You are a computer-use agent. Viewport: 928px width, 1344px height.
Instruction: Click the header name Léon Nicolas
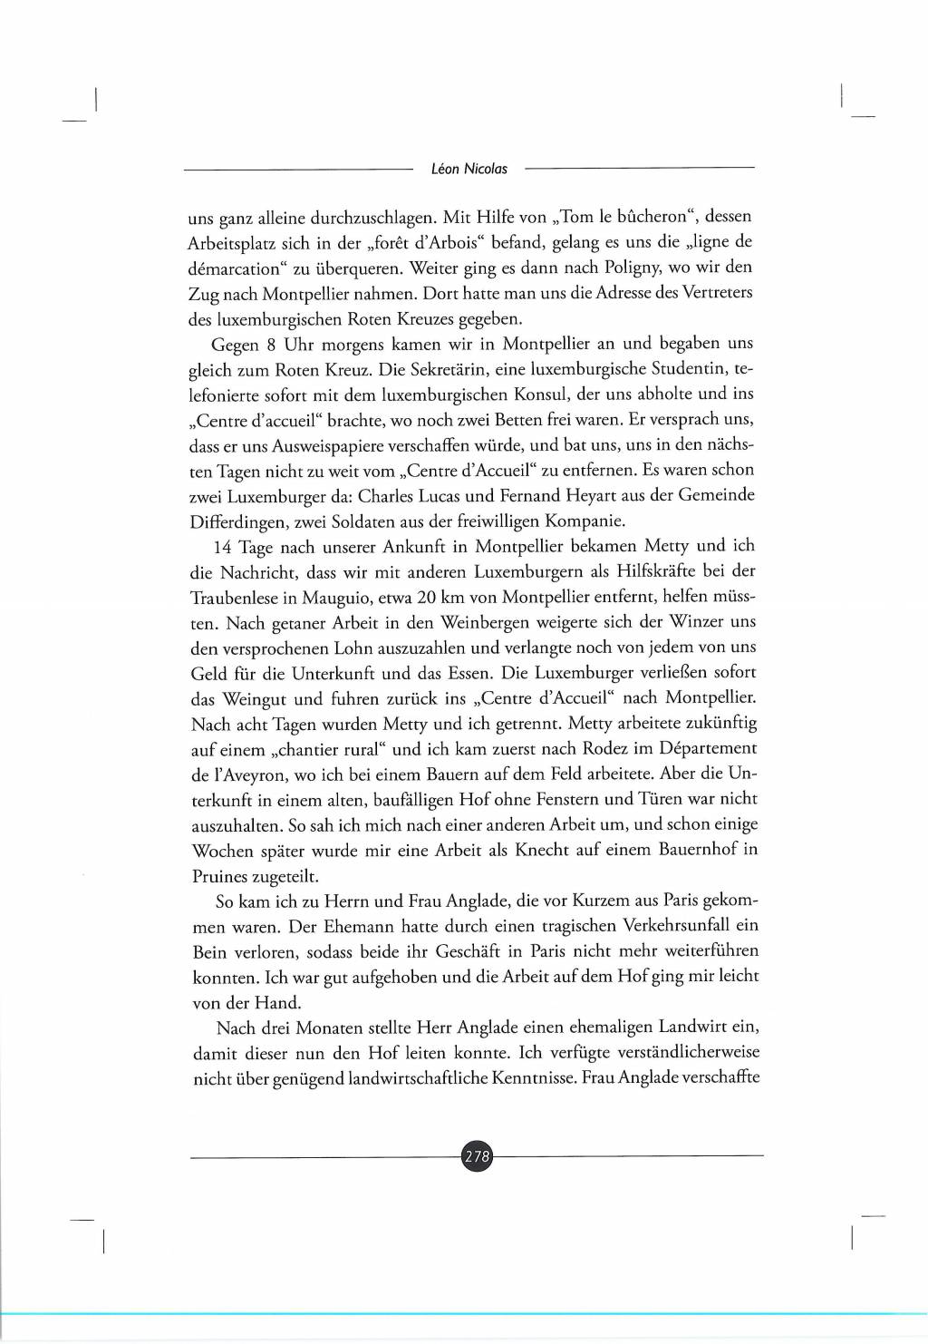[469, 169]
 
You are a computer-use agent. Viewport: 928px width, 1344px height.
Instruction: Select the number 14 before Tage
[223, 547]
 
